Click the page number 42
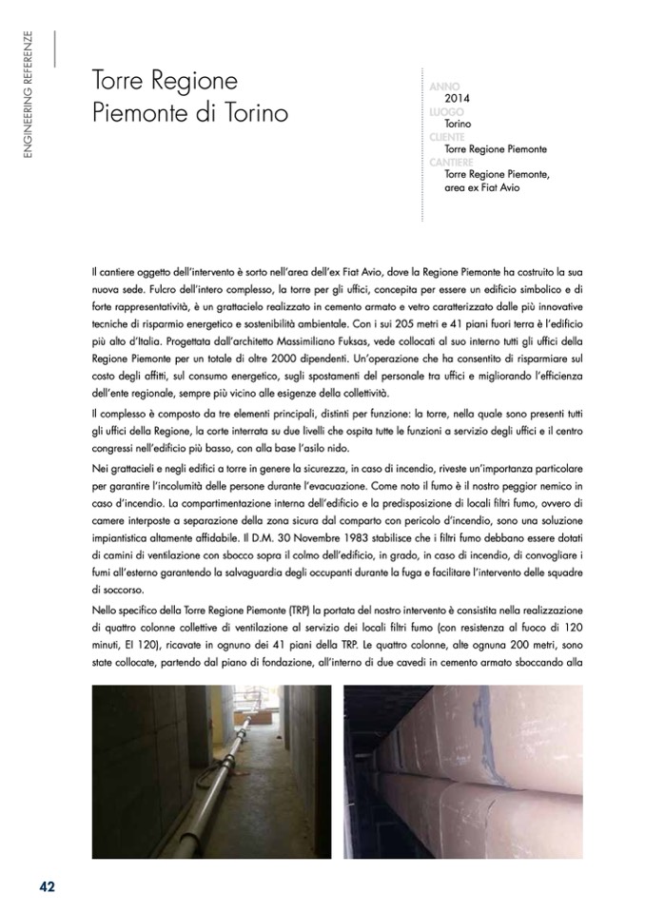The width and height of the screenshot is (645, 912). click(x=47, y=885)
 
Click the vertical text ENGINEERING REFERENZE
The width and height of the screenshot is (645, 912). click(x=28, y=95)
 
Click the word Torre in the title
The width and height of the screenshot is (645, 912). click(x=120, y=80)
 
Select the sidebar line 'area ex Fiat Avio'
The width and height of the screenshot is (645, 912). click(x=482, y=187)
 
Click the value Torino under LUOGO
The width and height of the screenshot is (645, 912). click(x=459, y=125)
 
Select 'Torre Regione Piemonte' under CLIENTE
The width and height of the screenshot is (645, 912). click(x=496, y=149)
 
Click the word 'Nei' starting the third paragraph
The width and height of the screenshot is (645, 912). click(x=101, y=472)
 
